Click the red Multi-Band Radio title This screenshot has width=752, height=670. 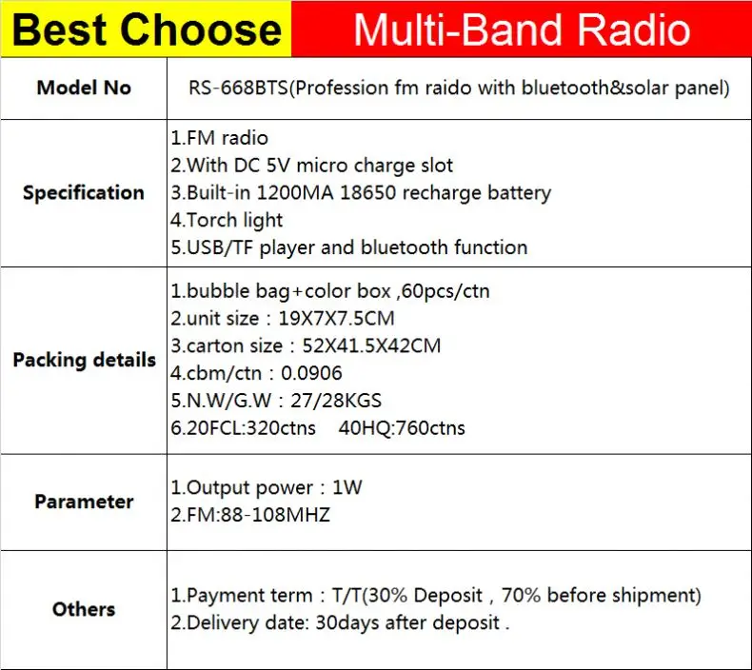coord(521,30)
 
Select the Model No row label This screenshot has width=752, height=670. coord(84,88)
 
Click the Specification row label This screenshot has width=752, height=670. coord(84,192)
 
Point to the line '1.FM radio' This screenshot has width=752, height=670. coord(219,138)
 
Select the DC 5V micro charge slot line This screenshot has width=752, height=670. coord(312,166)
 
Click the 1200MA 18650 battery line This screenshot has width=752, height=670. coord(361,192)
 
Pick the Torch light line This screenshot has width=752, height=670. coord(227,220)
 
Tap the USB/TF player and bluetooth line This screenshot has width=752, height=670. coord(348,247)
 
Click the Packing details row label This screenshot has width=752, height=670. coord(84,360)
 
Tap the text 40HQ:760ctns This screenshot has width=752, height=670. coord(402,428)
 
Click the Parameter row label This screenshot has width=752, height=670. coord(84,502)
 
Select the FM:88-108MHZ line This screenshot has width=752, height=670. coord(250,515)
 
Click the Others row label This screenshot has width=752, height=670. coord(84,609)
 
